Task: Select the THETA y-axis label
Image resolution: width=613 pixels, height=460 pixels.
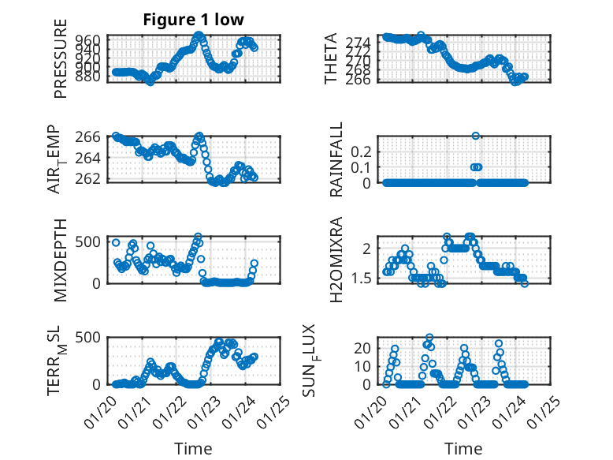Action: (331, 58)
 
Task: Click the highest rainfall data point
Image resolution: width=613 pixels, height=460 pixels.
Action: (476, 136)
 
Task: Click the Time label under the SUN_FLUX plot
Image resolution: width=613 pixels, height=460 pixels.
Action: (464, 449)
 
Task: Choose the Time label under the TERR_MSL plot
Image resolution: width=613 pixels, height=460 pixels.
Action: (193, 449)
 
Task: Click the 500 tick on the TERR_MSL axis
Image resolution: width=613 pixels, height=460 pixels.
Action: (90, 338)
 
